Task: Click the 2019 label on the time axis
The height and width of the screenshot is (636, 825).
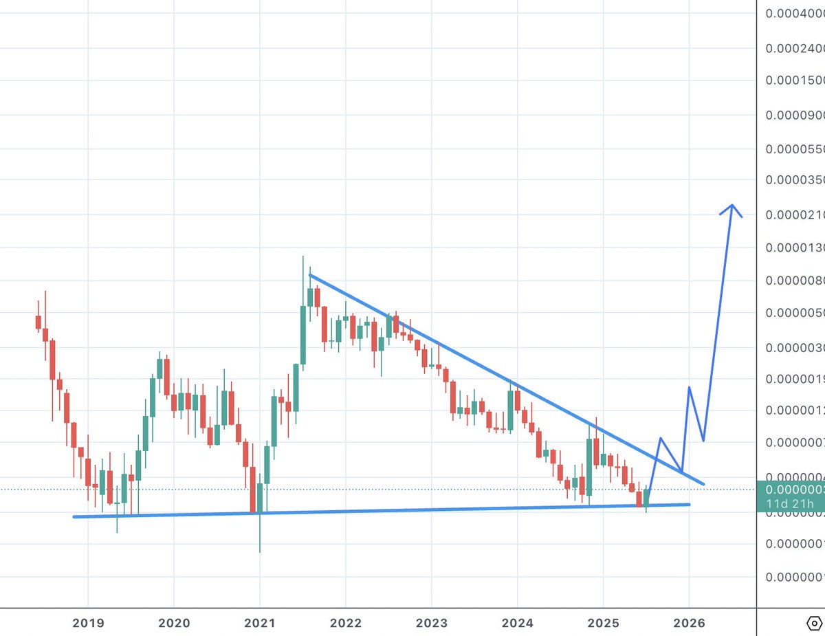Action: pos(88,623)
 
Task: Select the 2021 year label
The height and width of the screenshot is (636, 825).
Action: pos(260,623)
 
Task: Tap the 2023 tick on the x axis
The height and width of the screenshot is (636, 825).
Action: pos(432,623)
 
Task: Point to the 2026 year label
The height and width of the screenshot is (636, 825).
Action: pos(689,623)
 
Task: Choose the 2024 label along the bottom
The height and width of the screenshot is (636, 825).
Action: pos(518,623)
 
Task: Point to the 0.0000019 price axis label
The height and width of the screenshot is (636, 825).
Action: pos(795,379)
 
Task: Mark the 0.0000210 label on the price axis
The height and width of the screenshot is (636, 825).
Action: pos(795,215)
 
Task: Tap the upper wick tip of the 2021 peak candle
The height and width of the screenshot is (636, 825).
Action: pos(302,256)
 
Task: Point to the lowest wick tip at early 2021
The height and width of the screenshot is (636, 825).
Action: pos(260,551)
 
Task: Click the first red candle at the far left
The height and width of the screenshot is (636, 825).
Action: pos(38,322)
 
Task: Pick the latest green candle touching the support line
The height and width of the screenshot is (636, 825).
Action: pos(646,498)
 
